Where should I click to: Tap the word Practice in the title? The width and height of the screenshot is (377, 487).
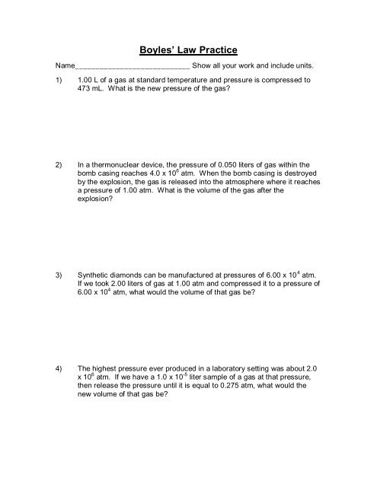pos(217,51)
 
